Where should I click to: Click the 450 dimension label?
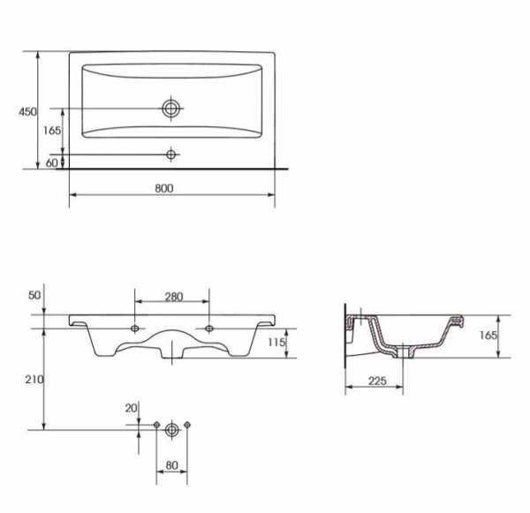click(27, 111)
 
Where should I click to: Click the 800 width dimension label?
click(164, 188)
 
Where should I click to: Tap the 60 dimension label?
click(52, 162)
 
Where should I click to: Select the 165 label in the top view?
click(52, 131)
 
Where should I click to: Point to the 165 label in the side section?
click(488, 336)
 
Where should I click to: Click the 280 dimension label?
click(174, 297)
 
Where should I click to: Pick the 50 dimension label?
click(34, 296)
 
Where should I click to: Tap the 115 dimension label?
click(276, 343)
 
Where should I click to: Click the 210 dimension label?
click(34, 380)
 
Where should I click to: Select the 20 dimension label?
click(131, 408)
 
